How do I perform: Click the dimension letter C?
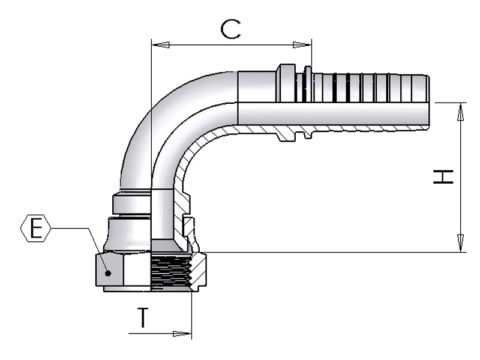230,29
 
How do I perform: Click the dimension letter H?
443,176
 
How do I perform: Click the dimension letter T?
143,317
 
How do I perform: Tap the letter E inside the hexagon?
36,229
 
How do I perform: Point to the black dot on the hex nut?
107,273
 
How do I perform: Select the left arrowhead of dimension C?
161,44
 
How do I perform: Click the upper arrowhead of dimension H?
460,112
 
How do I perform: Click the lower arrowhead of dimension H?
460,244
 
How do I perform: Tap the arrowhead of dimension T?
182,334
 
